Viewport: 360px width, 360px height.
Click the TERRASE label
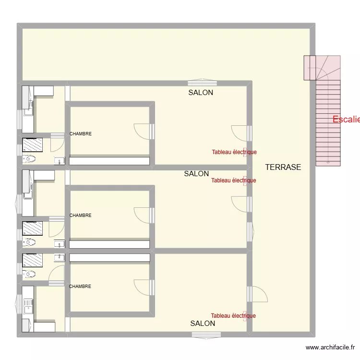tap(283, 167)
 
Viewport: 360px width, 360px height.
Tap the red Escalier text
tap(346, 120)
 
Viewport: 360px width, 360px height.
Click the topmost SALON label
tap(201, 93)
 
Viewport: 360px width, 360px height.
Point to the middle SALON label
tap(196, 174)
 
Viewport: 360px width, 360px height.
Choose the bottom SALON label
tap(203, 324)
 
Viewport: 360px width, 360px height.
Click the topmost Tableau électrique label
tap(234, 152)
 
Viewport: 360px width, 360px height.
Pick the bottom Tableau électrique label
tap(233, 316)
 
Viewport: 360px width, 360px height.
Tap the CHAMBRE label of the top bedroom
tap(80, 134)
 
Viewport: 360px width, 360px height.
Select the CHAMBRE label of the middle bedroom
tap(80, 216)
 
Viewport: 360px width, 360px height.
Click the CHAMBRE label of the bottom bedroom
tap(80, 287)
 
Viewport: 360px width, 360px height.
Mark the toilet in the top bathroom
tap(29, 159)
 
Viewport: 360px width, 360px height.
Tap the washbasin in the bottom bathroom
tap(59, 257)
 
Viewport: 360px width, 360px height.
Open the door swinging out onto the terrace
tap(259, 294)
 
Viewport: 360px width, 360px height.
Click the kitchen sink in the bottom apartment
tap(27, 305)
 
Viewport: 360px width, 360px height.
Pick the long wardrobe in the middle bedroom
tap(109, 244)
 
